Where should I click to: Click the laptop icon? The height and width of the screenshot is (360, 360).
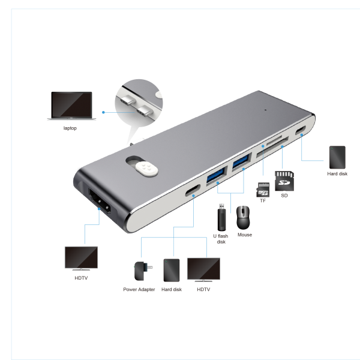(x=71, y=106)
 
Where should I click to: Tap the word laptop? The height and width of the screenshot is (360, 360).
(x=70, y=128)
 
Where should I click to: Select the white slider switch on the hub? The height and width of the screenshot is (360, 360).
(x=146, y=169)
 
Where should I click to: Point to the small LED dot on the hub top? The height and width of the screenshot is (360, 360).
(x=266, y=110)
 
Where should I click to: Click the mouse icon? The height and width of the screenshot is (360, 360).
(x=243, y=217)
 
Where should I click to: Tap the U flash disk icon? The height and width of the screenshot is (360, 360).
(x=221, y=217)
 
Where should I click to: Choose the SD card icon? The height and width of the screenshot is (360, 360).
(x=284, y=181)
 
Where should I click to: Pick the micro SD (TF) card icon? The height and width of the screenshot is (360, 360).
(x=263, y=190)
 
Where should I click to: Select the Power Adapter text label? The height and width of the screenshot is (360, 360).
(x=139, y=289)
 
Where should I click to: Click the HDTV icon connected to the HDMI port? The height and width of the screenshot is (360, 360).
(x=81, y=258)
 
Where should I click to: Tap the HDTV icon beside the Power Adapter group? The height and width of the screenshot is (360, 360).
(x=203, y=269)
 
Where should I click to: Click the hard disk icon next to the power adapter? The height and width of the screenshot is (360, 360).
(x=172, y=270)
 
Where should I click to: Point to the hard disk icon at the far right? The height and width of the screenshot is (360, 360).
(x=337, y=157)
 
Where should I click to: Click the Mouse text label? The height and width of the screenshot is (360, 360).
(x=245, y=235)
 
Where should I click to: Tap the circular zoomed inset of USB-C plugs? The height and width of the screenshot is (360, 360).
(x=139, y=103)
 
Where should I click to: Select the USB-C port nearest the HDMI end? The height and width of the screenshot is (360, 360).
(x=193, y=190)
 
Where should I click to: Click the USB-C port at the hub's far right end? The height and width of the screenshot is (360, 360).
(x=301, y=130)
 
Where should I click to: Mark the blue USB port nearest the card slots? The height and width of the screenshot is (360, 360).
(x=241, y=162)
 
